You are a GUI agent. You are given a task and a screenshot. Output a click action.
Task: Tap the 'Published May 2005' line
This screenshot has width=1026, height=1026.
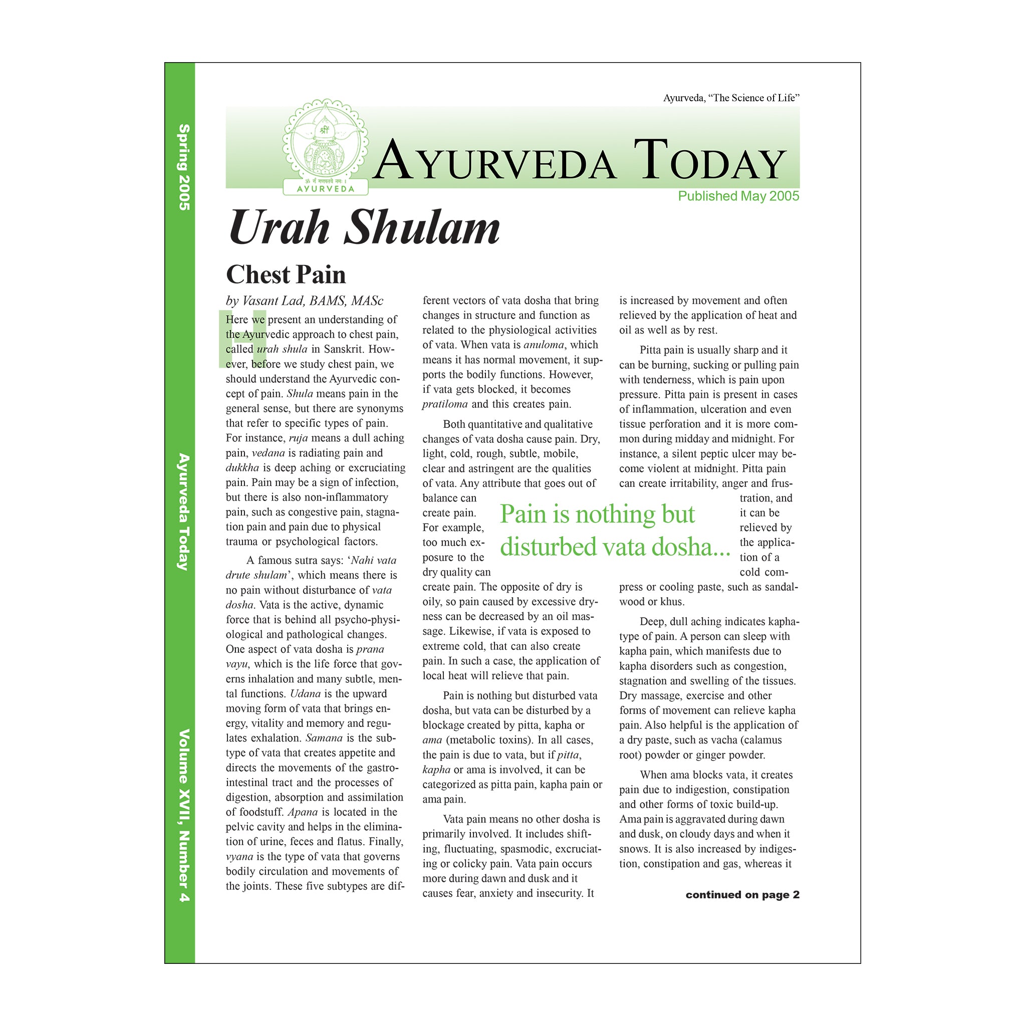tap(738, 196)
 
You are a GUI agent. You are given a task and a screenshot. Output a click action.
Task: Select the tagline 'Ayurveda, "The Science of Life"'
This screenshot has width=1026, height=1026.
tap(731, 98)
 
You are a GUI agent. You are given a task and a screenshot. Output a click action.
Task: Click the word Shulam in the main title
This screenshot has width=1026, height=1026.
tap(422, 228)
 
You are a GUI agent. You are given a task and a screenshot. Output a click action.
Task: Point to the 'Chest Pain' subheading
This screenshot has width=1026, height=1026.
tap(286, 275)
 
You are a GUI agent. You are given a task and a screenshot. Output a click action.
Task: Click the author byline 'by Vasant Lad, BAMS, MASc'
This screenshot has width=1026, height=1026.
tap(304, 301)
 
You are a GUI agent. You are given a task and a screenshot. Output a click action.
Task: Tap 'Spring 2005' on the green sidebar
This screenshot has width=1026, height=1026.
tap(184, 167)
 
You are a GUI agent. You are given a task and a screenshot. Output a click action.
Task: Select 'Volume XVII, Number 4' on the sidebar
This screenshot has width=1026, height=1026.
tap(184, 816)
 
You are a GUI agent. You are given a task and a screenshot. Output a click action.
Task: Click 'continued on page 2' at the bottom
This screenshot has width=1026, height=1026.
tap(742, 895)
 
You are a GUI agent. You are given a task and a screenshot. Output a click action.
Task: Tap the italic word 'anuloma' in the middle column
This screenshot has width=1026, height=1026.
tap(543, 345)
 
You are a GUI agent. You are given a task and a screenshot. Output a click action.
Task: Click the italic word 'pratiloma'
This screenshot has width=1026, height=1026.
tap(445, 404)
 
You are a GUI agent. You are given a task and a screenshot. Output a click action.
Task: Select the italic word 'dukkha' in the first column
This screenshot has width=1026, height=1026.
tap(242, 468)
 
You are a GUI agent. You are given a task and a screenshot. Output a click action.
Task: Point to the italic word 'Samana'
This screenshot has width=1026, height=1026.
tap(324, 738)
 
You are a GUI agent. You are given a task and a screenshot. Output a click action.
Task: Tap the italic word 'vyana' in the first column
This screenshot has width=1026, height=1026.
tap(239, 857)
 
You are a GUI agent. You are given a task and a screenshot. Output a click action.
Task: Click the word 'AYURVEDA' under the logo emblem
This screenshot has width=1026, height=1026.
tap(325, 188)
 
